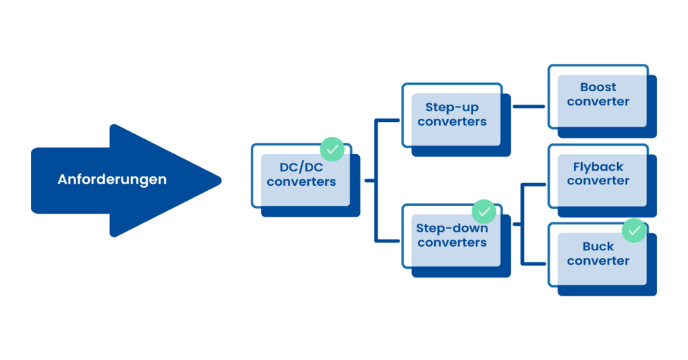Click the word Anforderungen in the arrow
pyautogui.click(x=112, y=179)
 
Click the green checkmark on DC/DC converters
pyautogui.click(x=332, y=148)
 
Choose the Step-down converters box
pyautogui.click(x=452, y=236)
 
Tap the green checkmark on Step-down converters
pyautogui.click(x=484, y=212)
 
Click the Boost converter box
pyautogui.click(x=598, y=95)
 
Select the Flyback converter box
pyautogui.click(x=598, y=174)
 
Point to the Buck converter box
pyautogui.click(x=598, y=254)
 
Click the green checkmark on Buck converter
pyautogui.click(x=634, y=231)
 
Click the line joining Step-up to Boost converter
pyautogui.click(x=529, y=107)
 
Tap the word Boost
pyautogui.click(x=598, y=87)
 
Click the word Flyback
pyautogui.click(x=598, y=167)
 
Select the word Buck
pyautogui.click(x=598, y=247)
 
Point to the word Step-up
pyautogui.click(x=452, y=108)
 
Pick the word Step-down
pyautogui.click(x=452, y=229)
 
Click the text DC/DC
pyautogui.click(x=302, y=168)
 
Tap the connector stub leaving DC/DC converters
pyautogui.click(x=369, y=181)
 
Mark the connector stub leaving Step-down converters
pyautogui.click(x=517, y=224)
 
